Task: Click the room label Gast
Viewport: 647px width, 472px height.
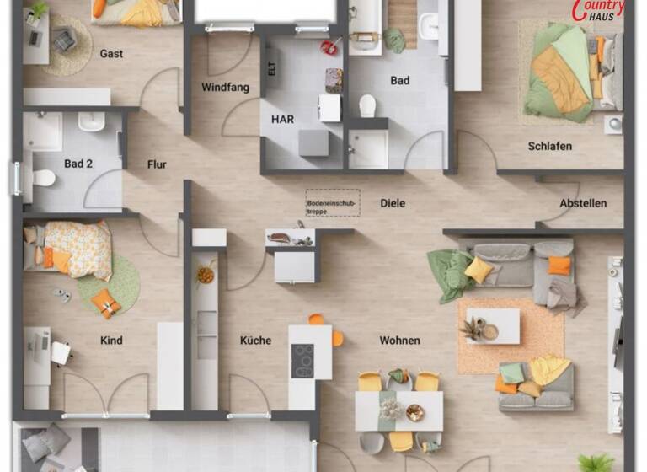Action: tap(111, 54)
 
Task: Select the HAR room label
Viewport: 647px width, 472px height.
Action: tap(282, 120)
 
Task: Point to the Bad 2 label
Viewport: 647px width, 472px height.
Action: tap(78, 164)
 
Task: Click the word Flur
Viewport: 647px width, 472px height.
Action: tap(157, 164)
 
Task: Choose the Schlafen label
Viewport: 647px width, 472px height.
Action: tap(550, 146)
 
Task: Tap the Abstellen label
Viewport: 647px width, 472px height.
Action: tap(583, 203)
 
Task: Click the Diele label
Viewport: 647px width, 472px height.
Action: tap(393, 203)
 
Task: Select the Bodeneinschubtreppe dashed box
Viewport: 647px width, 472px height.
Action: tap(332, 202)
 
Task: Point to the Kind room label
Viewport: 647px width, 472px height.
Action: tap(111, 341)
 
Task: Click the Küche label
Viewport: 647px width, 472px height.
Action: tap(255, 341)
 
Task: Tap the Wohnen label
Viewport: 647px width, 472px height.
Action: tap(399, 341)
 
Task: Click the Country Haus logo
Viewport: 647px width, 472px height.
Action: tap(598, 11)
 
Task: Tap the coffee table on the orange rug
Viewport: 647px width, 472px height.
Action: tap(493, 325)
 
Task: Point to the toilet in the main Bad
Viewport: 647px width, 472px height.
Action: tap(367, 106)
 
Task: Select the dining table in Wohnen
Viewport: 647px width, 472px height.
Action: tap(398, 410)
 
